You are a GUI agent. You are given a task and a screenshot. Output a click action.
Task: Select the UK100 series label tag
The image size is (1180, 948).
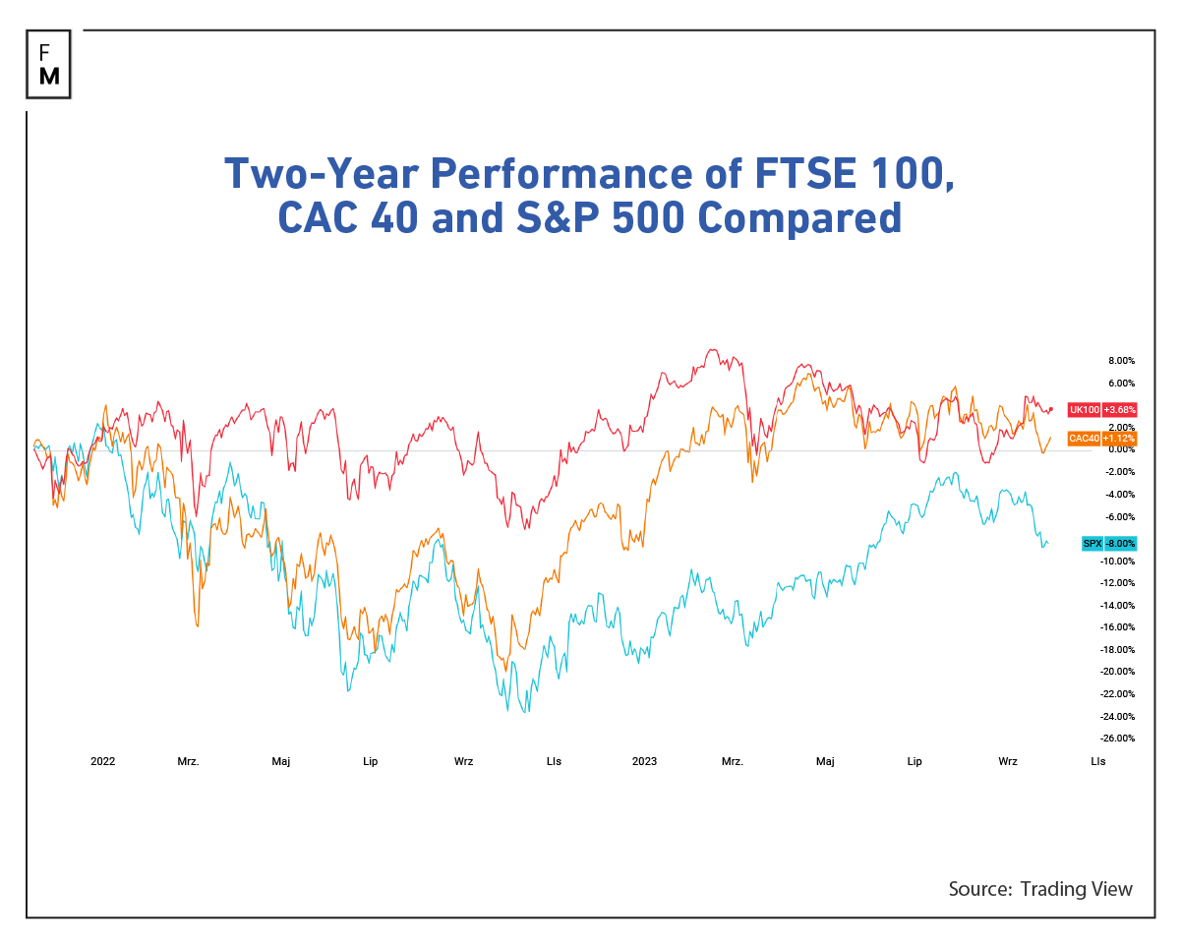tap(1084, 409)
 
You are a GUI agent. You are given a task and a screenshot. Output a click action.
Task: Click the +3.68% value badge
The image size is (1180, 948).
tap(1119, 409)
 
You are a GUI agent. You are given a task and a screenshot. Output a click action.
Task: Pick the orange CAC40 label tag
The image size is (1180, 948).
tap(1084, 439)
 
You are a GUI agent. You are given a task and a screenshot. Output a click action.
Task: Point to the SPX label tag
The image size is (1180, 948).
tap(1091, 543)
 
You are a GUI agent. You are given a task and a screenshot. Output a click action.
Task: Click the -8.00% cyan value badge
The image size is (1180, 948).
tap(1120, 543)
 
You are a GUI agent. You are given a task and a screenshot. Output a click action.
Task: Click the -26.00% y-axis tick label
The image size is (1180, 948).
tap(1118, 739)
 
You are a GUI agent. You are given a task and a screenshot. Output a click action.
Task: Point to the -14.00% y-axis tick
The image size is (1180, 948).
tap(1118, 606)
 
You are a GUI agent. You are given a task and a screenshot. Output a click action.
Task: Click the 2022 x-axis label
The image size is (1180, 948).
tap(102, 761)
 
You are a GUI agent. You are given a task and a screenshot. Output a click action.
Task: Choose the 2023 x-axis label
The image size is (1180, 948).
tap(644, 761)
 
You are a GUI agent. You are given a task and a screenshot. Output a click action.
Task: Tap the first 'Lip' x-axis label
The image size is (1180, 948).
tap(370, 761)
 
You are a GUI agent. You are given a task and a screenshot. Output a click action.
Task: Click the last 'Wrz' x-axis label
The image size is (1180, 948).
tap(1007, 761)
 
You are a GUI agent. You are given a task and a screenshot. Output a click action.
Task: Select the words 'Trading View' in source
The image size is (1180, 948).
tap(1076, 889)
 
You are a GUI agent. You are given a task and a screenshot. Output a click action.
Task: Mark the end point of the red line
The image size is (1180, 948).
tap(1051, 408)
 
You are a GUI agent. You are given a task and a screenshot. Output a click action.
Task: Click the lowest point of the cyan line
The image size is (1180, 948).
tap(526, 712)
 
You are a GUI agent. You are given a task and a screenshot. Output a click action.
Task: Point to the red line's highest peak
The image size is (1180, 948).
tap(712, 349)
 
